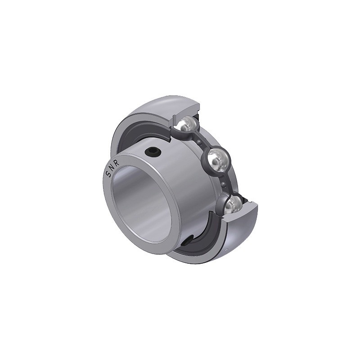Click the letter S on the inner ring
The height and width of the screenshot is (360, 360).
[x=108, y=175]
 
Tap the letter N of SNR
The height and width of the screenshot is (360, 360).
[x=112, y=168]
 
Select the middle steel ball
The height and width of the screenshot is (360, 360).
[x=217, y=160]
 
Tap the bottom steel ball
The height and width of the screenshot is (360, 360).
[x=234, y=204]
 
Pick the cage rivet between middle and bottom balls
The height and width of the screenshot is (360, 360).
[x=223, y=184]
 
